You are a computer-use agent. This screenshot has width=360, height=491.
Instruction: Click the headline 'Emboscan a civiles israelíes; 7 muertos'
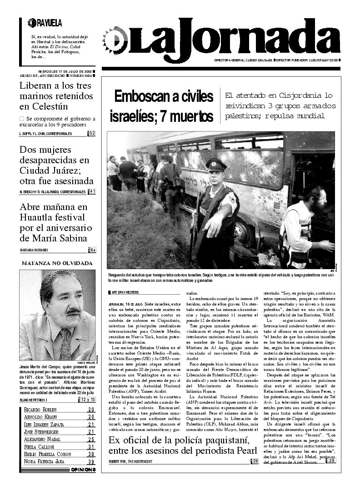[161, 106]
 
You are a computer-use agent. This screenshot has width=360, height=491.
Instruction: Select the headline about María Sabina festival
[57, 222]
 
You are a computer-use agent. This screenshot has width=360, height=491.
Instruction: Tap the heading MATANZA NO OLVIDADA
[57, 263]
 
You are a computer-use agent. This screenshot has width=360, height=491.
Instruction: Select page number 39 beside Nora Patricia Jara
[91, 462]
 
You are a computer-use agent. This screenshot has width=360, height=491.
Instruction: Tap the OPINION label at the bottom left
[83, 470]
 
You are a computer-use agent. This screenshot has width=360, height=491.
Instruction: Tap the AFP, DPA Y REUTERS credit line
[126, 292]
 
